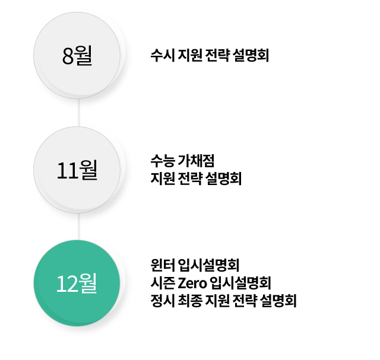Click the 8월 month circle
[77, 55]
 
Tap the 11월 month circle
[77, 170]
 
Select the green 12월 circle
[77, 283]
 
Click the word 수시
[163, 55]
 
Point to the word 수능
[163, 161]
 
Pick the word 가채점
[197, 161]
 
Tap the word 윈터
[163, 265]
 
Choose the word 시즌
[163, 283]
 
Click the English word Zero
[192, 283]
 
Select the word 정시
[163, 301]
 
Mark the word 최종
[190, 301]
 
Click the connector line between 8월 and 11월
[78, 113]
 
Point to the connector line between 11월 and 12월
[78, 227]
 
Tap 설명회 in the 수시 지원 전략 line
[251, 55]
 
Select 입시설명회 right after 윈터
[208, 265]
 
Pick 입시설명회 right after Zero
[240, 283]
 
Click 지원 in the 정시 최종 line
[217, 301]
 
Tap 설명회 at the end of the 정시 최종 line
[278, 301]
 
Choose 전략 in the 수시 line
[217, 55]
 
